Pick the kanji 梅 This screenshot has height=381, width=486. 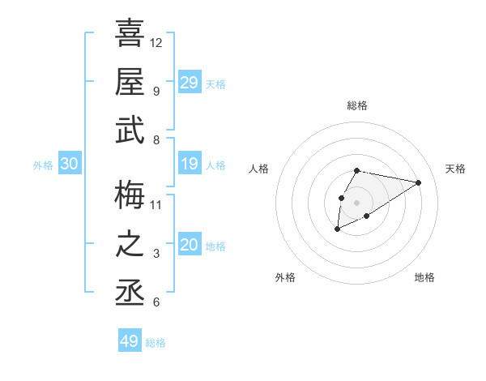130,194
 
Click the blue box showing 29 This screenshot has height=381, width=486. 189,82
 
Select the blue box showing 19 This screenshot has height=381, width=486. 189,165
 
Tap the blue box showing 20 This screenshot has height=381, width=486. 189,246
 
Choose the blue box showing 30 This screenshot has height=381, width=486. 69,165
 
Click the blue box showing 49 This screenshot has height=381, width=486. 130,341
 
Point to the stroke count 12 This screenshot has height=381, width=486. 156,42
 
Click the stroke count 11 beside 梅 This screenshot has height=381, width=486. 156,204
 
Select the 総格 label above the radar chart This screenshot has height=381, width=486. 356,105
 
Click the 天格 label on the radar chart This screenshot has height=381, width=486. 455,169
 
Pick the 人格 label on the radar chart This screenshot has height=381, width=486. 259,169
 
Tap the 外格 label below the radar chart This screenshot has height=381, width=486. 285,277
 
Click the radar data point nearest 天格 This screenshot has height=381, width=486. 419,182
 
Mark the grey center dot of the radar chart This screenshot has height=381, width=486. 356,202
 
